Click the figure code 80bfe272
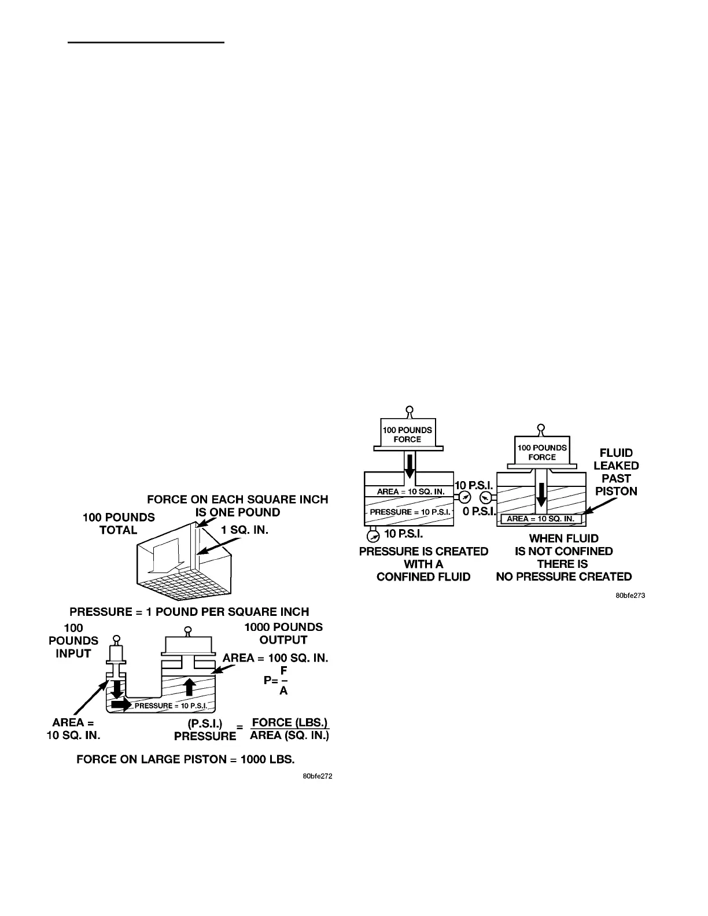(x=318, y=777)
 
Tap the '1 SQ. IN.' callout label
(x=245, y=530)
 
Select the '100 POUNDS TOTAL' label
(x=119, y=523)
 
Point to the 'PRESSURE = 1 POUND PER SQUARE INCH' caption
(x=189, y=611)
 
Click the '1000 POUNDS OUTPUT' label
(x=283, y=633)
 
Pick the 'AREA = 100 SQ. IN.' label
(x=275, y=658)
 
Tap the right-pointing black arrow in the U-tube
(x=121, y=705)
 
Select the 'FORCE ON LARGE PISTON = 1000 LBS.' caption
(x=186, y=759)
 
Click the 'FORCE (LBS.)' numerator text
(x=290, y=722)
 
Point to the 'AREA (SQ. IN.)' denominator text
(x=289, y=736)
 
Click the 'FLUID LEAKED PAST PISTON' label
(x=616, y=472)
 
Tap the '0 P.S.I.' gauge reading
(x=479, y=512)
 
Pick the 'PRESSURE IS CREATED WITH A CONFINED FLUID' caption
(x=423, y=564)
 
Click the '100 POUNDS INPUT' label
(x=73, y=641)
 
